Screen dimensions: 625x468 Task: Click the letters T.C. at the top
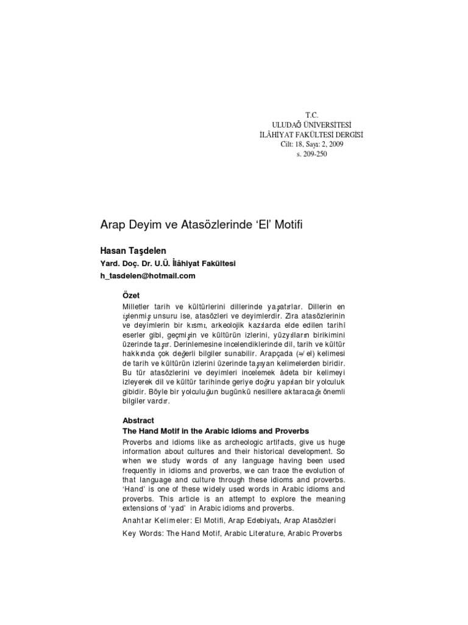311,114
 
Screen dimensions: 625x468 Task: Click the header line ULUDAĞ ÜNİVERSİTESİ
311,124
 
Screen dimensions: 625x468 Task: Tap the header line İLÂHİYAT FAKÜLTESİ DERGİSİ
311,134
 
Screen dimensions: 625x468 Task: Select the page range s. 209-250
311,154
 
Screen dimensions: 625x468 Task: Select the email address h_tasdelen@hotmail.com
148,275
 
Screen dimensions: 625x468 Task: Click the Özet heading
132,295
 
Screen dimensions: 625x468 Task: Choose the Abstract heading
138,421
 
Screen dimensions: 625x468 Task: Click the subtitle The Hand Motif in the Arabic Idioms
216,431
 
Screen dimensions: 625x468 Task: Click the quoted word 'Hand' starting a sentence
133,490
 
